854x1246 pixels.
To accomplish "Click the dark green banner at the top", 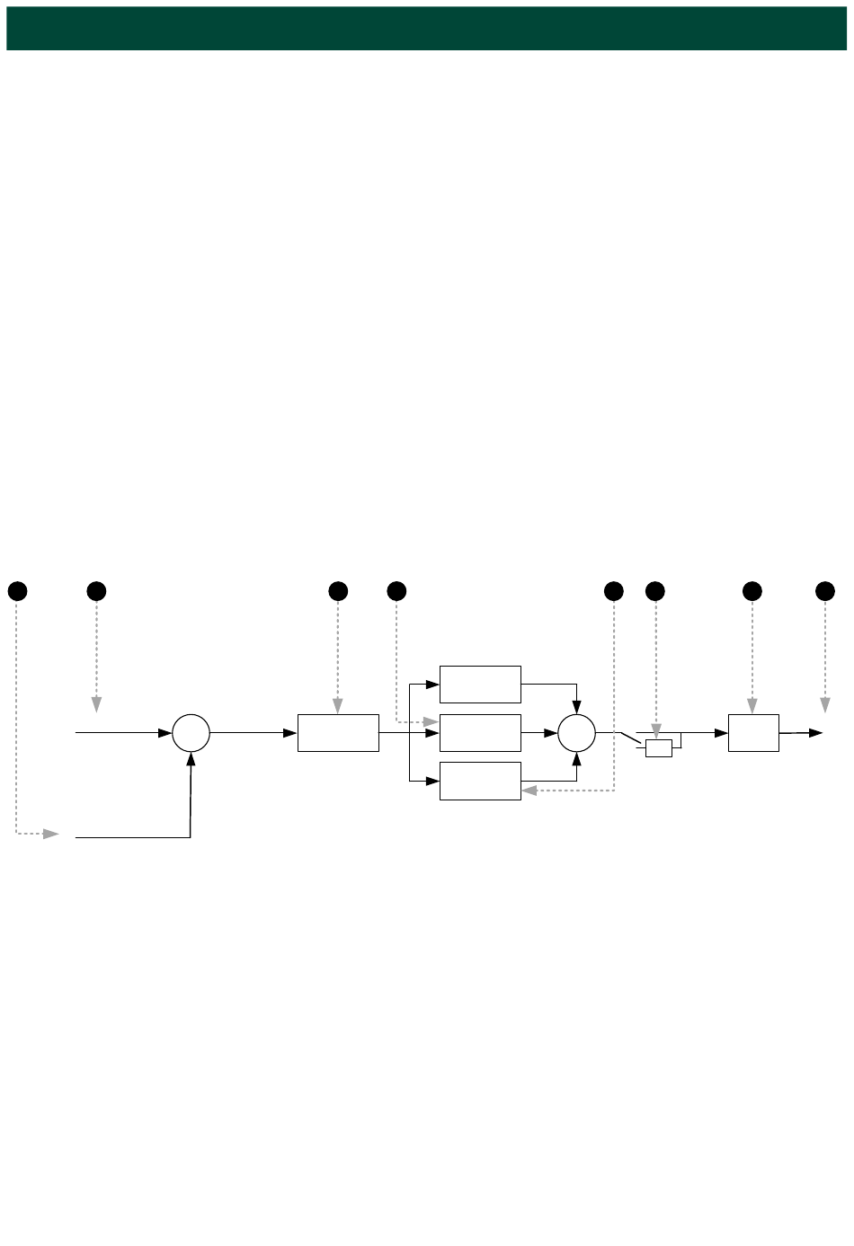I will (x=426, y=28).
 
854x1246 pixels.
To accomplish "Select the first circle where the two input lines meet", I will (x=191, y=733).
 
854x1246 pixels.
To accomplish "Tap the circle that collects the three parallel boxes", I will (x=576, y=733).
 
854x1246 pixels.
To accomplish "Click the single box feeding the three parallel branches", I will (x=338, y=733).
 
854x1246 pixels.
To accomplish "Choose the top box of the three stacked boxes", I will (x=480, y=685).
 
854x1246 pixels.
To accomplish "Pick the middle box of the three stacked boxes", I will (x=480, y=733).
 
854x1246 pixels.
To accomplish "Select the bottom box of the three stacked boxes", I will (x=480, y=781).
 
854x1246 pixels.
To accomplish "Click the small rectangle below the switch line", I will (x=658, y=748).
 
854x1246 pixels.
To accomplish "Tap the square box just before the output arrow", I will (x=753, y=733).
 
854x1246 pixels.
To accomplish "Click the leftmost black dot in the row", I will (x=17, y=591).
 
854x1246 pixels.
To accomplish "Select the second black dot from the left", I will (x=96, y=591).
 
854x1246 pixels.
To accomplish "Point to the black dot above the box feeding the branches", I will (x=338, y=591).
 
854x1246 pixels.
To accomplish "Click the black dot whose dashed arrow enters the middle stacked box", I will (x=396, y=591).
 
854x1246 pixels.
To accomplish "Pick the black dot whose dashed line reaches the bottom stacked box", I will (x=614, y=591).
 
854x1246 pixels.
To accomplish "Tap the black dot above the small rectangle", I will (x=655, y=591).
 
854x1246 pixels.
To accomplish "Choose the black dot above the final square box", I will (x=752, y=591).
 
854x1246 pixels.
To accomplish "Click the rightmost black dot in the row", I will (x=825, y=591).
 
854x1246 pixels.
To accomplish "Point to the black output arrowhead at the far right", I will (x=815, y=733).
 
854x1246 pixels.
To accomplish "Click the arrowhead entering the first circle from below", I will (x=191, y=759).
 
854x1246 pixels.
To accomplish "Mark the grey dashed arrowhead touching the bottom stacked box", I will (x=529, y=791).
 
